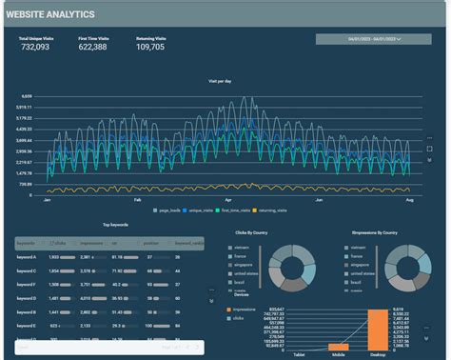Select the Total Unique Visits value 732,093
(x=35, y=47)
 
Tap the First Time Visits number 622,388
(x=92, y=47)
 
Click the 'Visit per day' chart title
(x=221, y=82)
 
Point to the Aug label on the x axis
(x=408, y=201)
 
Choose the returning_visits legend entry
(x=277, y=211)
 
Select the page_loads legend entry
(x=169, y=211)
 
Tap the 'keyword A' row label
(x=27, y=257)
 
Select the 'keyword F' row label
(x=27, y=285)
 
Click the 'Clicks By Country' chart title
(x=256, y=232)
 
